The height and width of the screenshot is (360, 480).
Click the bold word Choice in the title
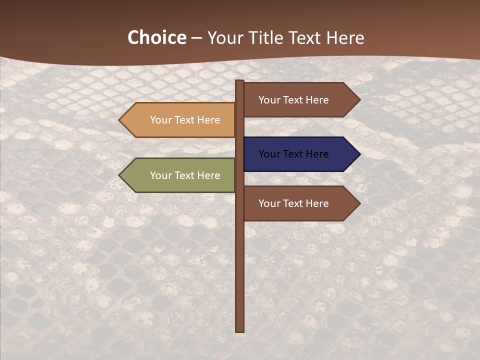pyautogui.click(x=156, y=38)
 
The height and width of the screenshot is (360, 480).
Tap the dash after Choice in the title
pyautogui.click(x=196, y=38)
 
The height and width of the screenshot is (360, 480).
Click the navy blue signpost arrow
pyautogui.click(x=300, y=154)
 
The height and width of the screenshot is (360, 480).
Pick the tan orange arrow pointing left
pyautogui.click(x=178, y=120)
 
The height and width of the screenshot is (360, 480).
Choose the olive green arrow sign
pyautogui.click(x=178, y=175)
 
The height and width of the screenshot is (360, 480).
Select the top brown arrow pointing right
pyautogui.click(x=300, y=100)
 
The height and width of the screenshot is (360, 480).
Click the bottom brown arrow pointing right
pyautogui.click(x=300, y=203)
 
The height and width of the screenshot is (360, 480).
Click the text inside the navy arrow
pyautogui.click(x=293, y=154)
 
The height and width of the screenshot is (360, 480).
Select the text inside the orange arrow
pyautogui.click(x=185, y=120)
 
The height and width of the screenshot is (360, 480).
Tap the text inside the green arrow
pyautogui.click(x=185, y=175)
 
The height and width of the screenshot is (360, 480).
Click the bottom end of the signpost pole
pyautogui.click(x=240, y=330)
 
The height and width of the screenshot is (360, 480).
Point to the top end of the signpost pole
pyautogui.click(x=240, y=82)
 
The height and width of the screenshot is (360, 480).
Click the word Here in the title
pyautogui.click(x=345, y=38)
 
